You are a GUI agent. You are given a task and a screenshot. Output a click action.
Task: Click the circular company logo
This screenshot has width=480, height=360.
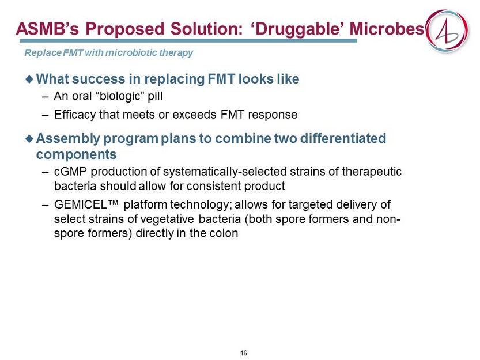[448, 31]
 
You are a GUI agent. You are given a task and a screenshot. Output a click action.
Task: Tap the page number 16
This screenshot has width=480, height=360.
[244, 353]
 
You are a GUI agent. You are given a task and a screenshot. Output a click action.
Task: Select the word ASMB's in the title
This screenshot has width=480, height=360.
[47, 29]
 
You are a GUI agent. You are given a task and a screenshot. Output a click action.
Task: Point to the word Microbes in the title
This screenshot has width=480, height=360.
[387, 29]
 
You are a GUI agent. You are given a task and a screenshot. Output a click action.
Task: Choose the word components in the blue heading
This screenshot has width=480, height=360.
[76, 154]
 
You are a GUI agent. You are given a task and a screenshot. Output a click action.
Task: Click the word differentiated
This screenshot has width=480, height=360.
[343, 138]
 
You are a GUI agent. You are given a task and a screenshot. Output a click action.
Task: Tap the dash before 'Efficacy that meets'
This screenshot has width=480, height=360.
[46, 115]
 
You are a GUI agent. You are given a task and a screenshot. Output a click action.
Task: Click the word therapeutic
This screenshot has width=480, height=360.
[371, 172]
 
